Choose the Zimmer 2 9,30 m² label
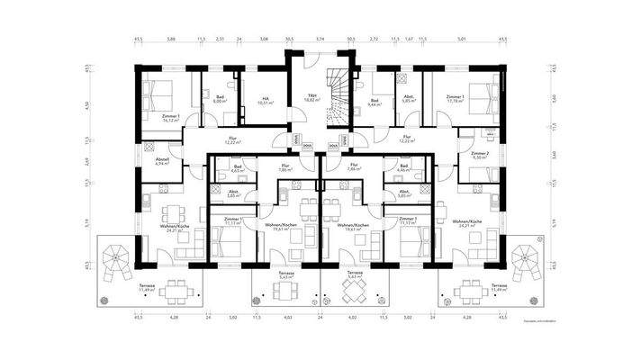point(480,156)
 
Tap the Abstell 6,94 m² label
point(163,162)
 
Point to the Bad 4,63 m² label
point(239,168)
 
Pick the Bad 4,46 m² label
point(402,168)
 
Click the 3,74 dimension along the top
point(320,40)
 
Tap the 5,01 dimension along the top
point(461,40)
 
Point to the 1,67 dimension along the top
point(410,40)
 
